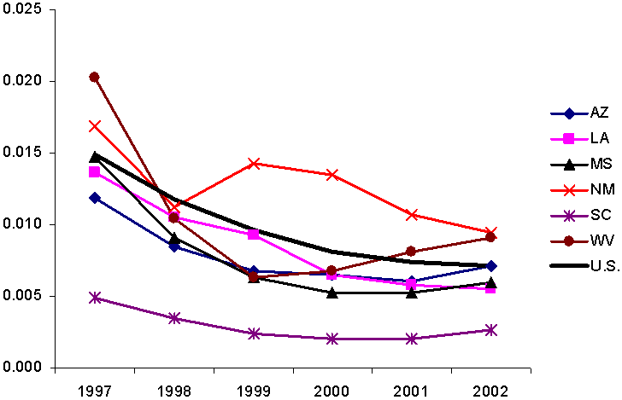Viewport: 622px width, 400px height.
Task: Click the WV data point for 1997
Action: click(94, 77)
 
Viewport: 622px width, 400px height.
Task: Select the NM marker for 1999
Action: click(253, 163)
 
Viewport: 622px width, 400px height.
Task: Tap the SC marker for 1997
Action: click(94, 298)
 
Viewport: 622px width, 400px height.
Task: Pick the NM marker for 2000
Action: click(332, 174)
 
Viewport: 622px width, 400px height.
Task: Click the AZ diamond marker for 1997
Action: click(94, 198)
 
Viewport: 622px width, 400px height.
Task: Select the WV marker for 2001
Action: click(411, 251)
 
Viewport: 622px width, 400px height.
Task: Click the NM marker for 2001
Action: click(411, 214)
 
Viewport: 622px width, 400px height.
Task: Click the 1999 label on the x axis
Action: click(253, 390)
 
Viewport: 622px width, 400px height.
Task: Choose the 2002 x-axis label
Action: click(490, 390)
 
